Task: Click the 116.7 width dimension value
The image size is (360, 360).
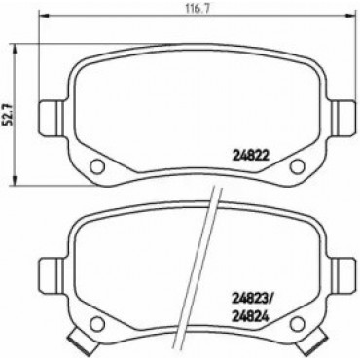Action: pos(196,9)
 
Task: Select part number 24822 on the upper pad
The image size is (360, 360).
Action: pos(251,157)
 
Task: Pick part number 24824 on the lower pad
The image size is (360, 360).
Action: pos(251,316)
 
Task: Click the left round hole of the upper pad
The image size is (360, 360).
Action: pos(97,166)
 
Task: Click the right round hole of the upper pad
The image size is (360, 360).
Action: pos(297,166)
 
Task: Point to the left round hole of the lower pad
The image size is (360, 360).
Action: pos(97,325)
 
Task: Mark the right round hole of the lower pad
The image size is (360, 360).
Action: pos(297,325)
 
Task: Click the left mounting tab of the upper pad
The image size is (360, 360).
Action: pos(53,118)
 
